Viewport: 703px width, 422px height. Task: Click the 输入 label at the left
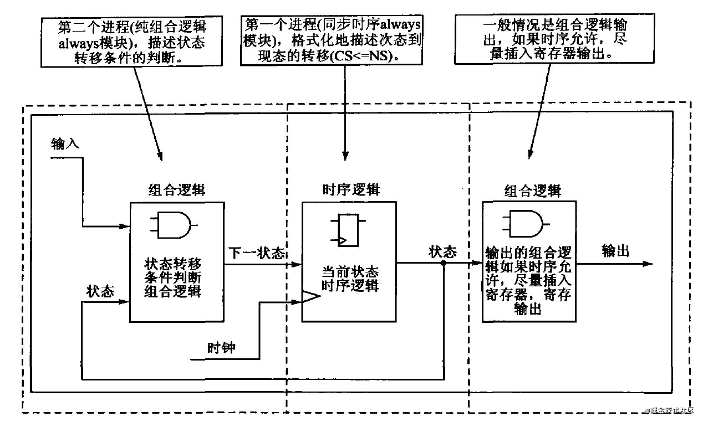pos(65,144)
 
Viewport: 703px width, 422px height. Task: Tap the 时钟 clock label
pos(221,348)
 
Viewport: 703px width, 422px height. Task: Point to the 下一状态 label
pos(256,253)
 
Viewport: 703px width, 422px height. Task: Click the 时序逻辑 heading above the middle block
pos(351,189)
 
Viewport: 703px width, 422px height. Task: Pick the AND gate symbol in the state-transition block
pos(173,225)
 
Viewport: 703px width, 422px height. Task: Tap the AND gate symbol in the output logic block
pos(525,224)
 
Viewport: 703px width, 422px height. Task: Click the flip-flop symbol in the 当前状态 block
pos(344,229)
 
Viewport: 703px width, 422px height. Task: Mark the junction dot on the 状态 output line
pos(443,264)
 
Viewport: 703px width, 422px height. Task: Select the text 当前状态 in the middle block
pos(350,272)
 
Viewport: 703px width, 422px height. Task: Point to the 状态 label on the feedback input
pos(100,291)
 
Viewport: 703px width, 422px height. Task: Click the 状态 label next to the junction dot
pos(442,252)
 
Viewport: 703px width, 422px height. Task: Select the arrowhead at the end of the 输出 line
pos(648,264)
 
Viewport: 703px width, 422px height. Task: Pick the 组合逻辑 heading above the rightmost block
pos(532,191)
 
